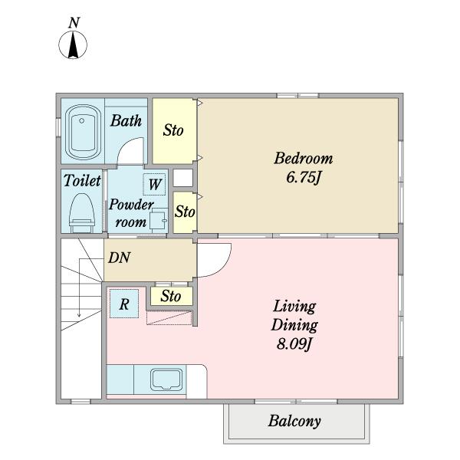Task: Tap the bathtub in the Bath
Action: tap(83, 132)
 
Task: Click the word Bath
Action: tap(126, 120)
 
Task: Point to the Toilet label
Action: tap(82, 180)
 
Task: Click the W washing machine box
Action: tap(154, 185)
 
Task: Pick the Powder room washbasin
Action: tap(158, 220)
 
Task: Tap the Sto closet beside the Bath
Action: tap(174, 131)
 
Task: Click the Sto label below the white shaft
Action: tap(185, 212)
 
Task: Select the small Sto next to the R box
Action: tap(172, 296)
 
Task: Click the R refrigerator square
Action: tap(124, 304)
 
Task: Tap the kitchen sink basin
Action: tap(166, 379)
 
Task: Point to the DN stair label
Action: tap(119, 258)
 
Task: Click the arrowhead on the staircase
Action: tap(79, 315)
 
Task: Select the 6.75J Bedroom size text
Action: tap(303, 178)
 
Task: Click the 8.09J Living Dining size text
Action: tap(294, 343)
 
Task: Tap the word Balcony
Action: tap(294, 421)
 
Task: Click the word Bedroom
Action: tap(304, 158)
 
